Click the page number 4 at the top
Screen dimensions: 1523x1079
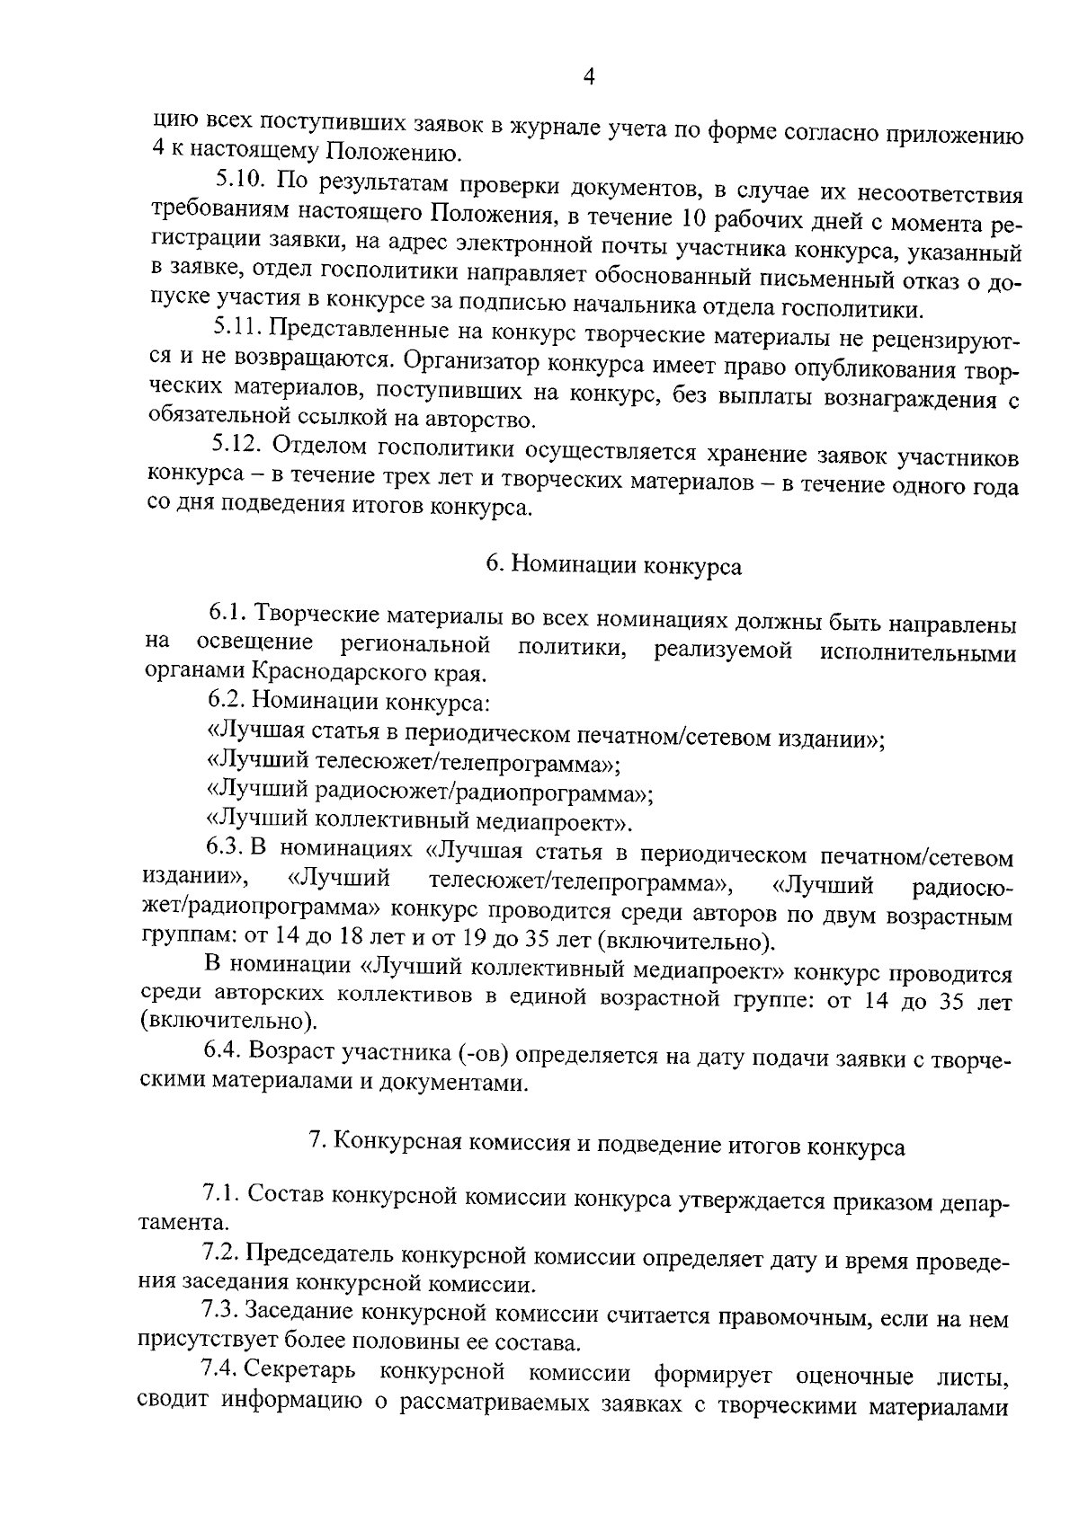589,77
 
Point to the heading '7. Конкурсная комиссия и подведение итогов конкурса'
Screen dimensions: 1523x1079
607,1146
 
